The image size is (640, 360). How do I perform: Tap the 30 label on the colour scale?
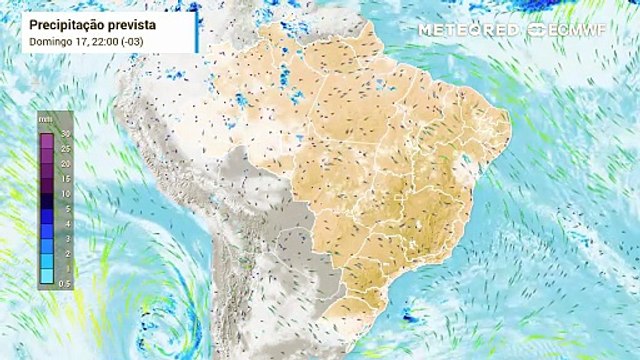tap(65, 133)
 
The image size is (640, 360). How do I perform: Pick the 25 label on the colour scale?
tap(65, 148)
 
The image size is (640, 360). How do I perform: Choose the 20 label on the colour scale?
tap(65, 163)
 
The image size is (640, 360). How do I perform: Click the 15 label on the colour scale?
tap(65, 178)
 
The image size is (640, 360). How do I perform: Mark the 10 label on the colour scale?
tap(65, 193)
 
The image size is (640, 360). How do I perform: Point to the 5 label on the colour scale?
tap(65, 208)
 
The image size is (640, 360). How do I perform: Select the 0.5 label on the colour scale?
tap(65, 284)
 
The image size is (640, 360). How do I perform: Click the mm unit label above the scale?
tap(46, 119)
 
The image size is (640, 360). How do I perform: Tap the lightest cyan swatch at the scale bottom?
tap(47, 284)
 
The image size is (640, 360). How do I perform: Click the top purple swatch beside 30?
tap(47, 133)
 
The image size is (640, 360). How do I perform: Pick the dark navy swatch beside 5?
tap(47, 209)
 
